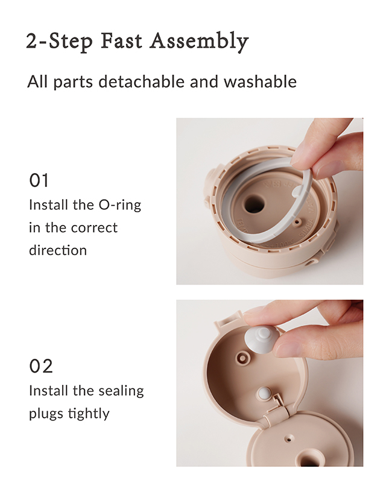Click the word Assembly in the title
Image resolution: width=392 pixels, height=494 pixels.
coord(199,42)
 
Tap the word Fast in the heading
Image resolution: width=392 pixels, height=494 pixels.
coord(121,41)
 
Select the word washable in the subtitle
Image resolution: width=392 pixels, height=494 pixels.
coord(261,81)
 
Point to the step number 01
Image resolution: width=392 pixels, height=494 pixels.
coord(39,180)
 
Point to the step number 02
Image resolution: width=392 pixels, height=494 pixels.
coord(40,366)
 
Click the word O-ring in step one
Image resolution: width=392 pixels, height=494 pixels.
coord(120,206)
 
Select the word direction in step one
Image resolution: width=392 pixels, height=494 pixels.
coord(58,250)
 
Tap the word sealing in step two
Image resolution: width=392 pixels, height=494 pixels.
coord(121,391)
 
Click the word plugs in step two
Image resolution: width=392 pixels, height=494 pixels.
coord(46,414)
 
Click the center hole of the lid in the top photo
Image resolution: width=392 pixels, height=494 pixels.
coord(254,204)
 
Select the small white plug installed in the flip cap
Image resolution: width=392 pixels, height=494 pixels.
coord(264,393)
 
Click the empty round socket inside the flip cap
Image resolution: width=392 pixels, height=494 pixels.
coord(242,358)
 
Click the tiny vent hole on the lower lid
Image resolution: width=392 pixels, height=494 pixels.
coord(289,439)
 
